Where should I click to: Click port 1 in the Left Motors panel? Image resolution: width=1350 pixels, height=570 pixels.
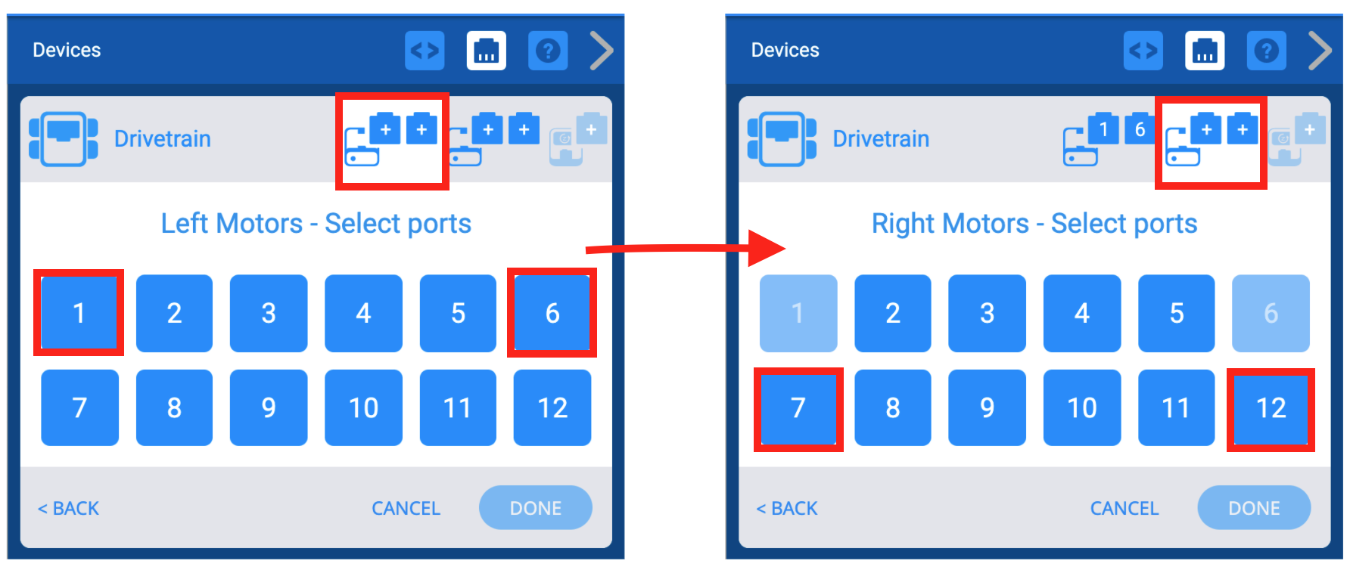pos(79,312)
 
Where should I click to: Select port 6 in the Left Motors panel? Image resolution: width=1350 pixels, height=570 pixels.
pos(552,312)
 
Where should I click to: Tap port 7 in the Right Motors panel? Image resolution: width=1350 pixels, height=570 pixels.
pos(798,408)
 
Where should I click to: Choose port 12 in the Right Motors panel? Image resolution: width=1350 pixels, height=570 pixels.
pos(1271,408)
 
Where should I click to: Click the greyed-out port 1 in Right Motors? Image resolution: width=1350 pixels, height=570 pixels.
pos(798,312)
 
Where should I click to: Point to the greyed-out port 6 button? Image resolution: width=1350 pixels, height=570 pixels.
pos(1271,312)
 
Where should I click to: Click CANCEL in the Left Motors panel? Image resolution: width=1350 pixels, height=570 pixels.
pos(406,508)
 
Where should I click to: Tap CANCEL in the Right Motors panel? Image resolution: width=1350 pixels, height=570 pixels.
pos(1124,508)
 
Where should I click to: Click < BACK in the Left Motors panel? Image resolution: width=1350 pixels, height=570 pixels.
pos(69,508)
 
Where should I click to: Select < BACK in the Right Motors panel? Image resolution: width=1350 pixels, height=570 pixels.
pos(787,508)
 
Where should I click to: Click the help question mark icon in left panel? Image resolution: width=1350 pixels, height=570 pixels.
pos(548,51)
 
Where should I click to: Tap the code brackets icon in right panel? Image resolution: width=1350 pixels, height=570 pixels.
pos(1143,51)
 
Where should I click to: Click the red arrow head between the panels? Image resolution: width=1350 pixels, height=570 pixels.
pos(766,248)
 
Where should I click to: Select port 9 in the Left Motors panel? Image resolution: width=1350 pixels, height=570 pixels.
pos(269,408)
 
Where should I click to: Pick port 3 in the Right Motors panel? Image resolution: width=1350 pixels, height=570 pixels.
pos(987,312)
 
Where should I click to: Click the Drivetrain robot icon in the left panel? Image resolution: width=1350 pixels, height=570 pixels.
pos(64,138)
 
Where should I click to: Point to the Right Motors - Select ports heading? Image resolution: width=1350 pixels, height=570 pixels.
pos(1034,224)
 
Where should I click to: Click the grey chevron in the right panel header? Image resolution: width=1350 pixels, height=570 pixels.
pos(1320,51)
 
